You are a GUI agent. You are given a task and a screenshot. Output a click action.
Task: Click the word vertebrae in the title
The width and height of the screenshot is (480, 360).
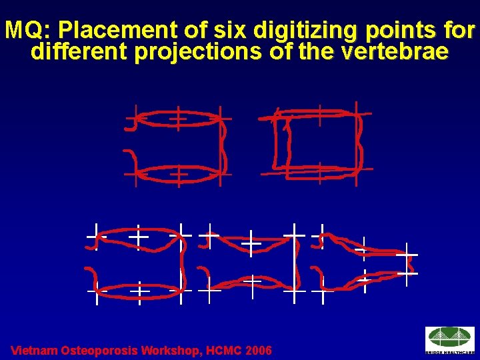[x=393, y=53]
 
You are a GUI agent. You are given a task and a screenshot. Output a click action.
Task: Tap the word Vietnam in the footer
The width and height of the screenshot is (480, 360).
[x=34, y=351]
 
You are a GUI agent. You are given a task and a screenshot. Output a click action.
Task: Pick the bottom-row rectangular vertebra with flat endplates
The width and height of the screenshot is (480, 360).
[x=139, y=263]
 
